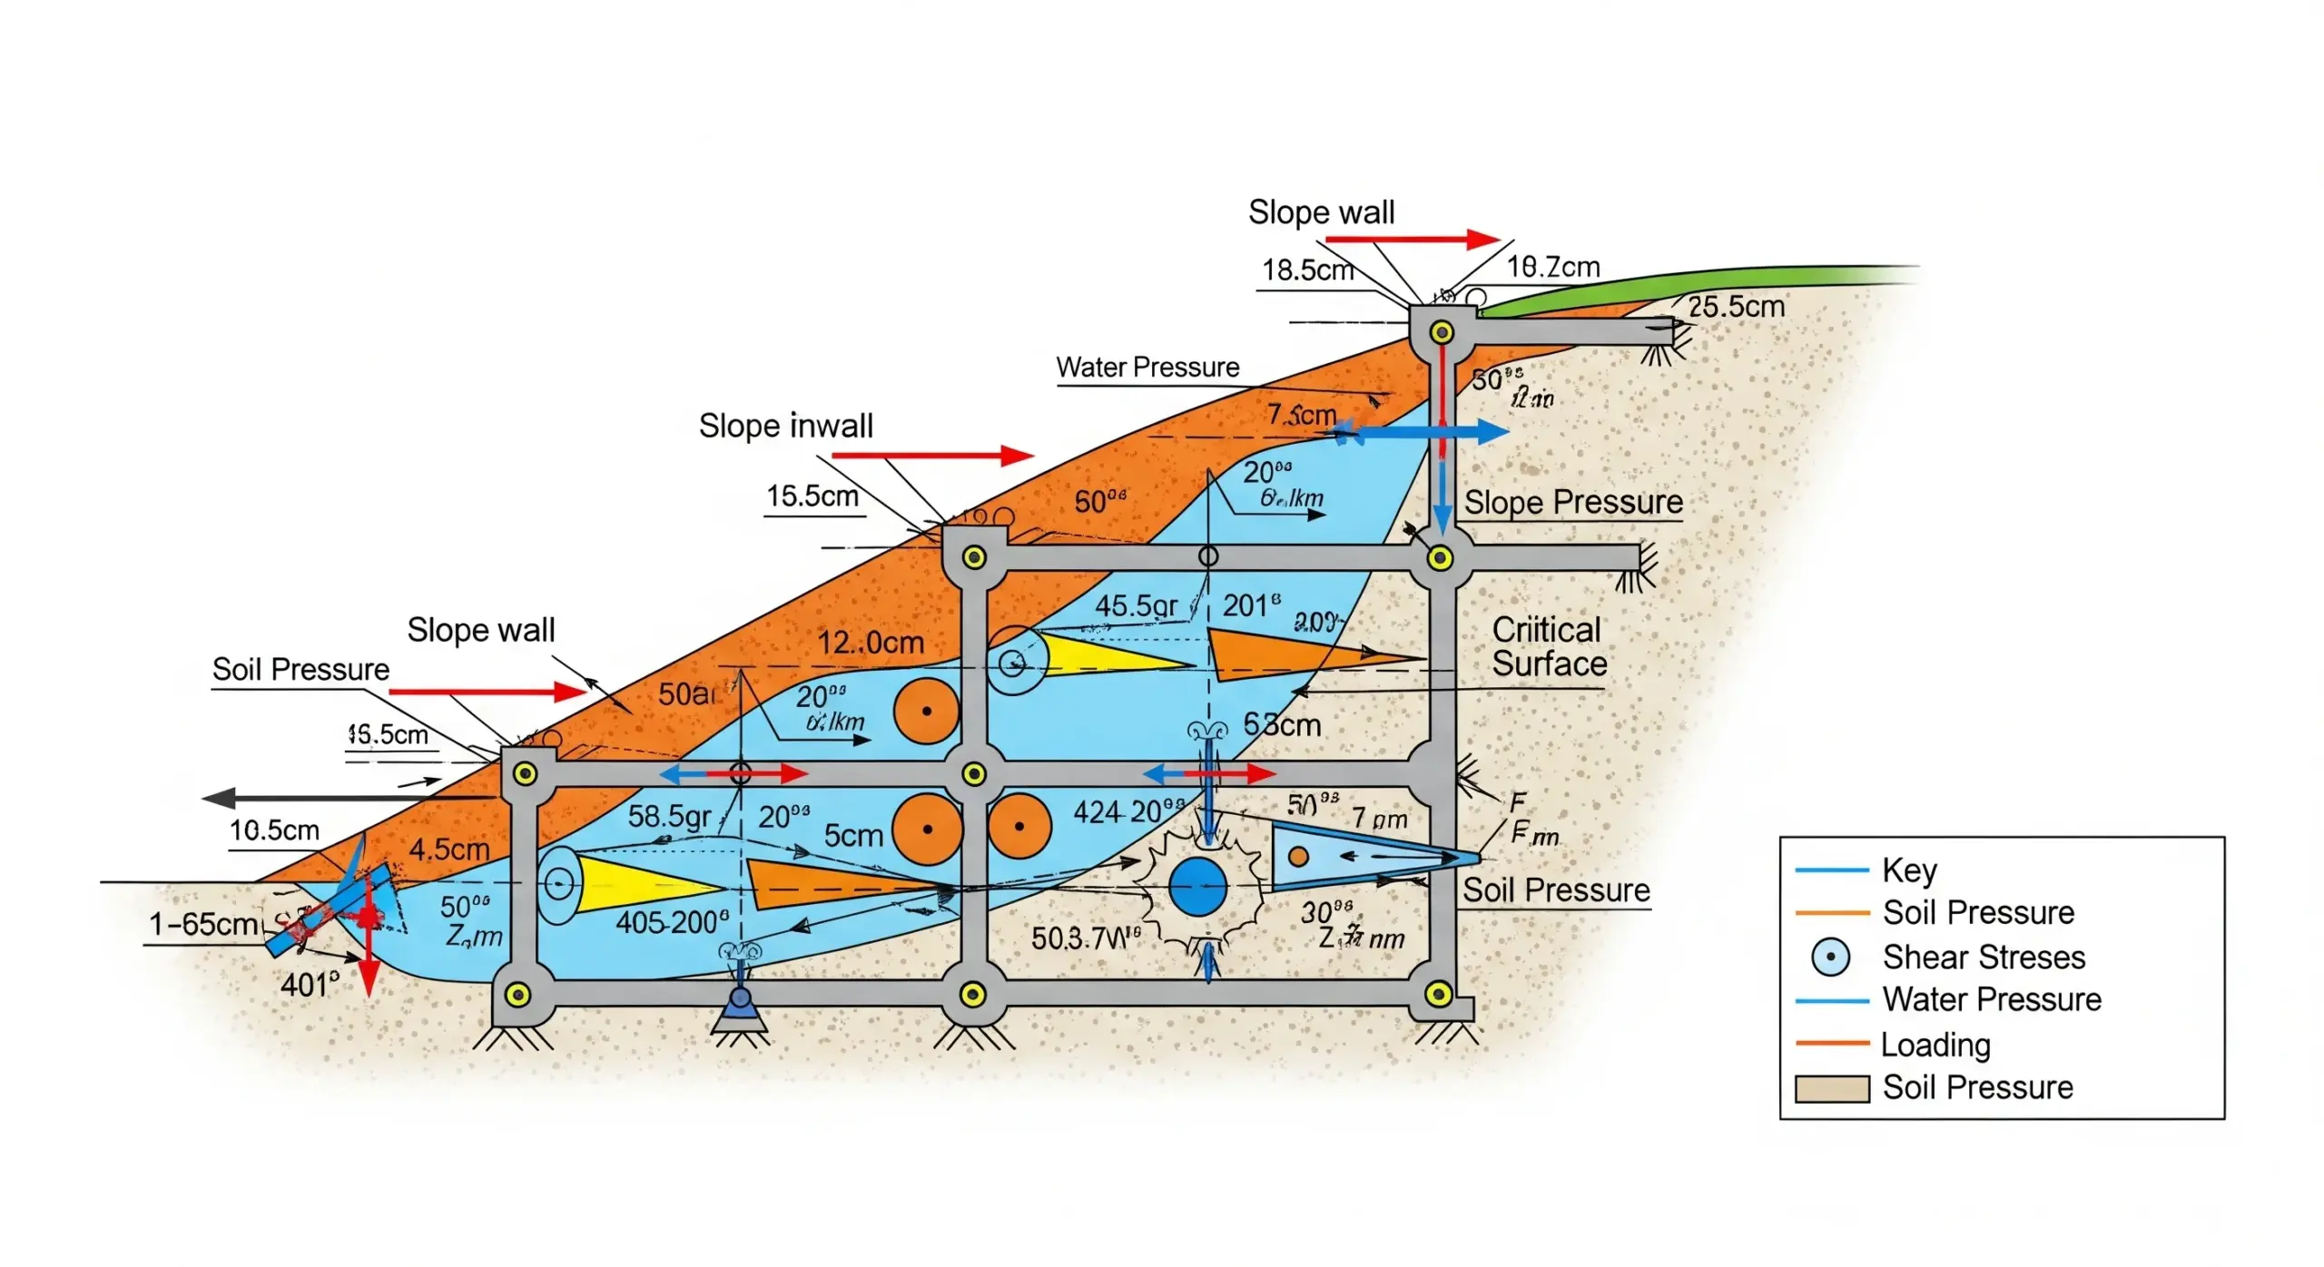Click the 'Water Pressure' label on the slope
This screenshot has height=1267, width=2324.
coord(1147,368)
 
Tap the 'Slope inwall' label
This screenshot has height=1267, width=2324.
coord(785,426)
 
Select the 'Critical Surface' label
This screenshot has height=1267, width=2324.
coord(1549,647)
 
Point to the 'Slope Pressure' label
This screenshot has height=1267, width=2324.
coord(1573,502)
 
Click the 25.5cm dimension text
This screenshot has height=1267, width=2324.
coord(1736,307)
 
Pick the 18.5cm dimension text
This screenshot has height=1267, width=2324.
coord(1307,270)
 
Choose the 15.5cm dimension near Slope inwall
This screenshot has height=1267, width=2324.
coord(812,496)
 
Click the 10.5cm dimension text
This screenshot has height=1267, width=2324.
coord(274,830)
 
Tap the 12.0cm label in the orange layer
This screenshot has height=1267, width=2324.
coord(870,643)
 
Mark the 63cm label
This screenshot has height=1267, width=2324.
coord(1282,724)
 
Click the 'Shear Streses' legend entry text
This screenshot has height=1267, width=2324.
coord(1984,958)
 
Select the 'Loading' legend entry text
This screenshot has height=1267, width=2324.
coord(1935,1045)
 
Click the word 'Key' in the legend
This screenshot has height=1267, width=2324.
coord(1909,870)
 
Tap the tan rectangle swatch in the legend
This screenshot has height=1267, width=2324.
coord(1832,1088)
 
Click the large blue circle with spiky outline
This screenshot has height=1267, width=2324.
coord(1197,887)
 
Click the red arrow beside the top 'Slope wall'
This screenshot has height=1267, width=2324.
coord(1412,240)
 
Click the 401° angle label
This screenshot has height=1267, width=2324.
coord(310,985)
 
